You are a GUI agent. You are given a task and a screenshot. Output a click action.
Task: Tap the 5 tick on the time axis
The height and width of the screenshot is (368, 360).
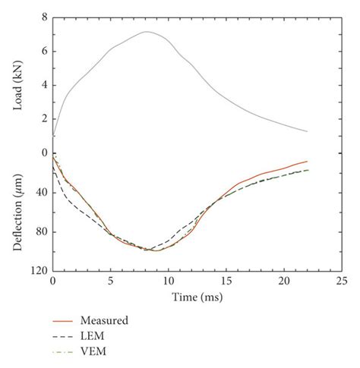click(x=111, y=281)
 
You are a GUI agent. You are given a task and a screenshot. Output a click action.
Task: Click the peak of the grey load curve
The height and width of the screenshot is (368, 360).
click(x=146, y=32)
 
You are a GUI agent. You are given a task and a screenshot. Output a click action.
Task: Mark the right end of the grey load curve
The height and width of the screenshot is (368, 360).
click(x=307, y=132)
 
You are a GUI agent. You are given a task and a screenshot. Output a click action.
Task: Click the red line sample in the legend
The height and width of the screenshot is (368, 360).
click(x=66, y=320)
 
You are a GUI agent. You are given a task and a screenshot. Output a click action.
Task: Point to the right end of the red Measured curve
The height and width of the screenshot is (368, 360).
click(x=307, y=161)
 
